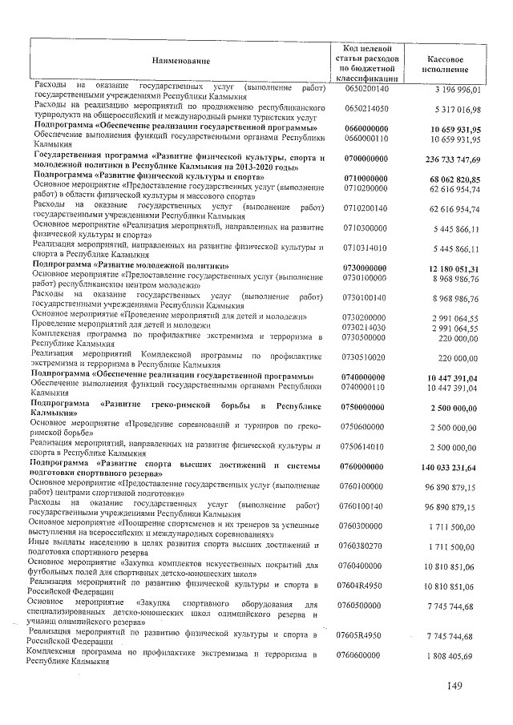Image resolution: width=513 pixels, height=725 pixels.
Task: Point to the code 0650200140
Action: coord(366,88)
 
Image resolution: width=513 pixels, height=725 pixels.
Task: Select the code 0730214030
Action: coord(366,328)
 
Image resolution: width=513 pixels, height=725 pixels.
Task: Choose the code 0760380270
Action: coord(366,546)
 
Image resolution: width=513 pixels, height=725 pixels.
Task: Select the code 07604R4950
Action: coord(366,586)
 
